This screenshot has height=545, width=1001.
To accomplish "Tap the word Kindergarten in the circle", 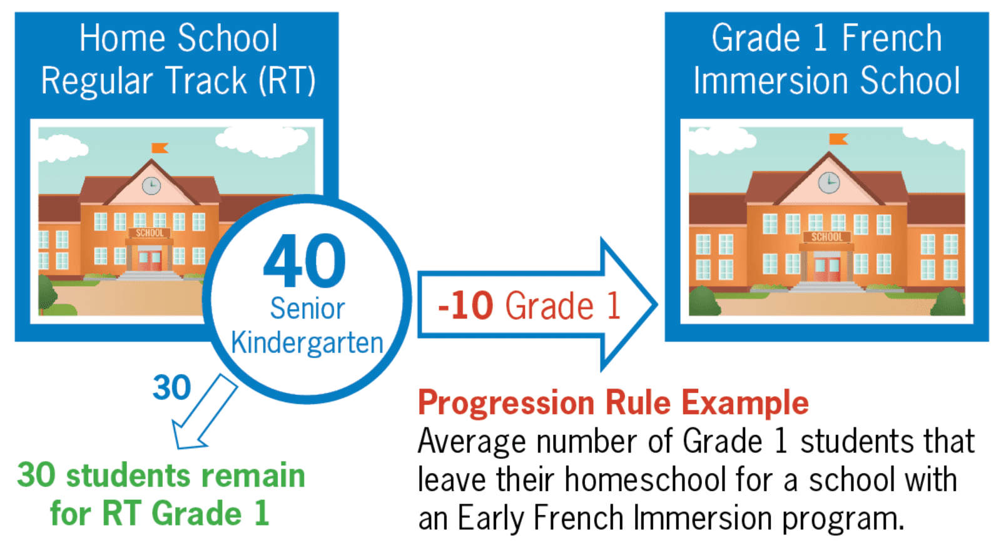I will (x=307, y=343).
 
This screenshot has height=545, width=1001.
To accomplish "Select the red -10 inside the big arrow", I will (x=465, y=306).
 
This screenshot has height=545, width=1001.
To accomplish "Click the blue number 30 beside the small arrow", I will (x=171, y=388).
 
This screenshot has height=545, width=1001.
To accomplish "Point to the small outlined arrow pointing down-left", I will (x=204, y=413).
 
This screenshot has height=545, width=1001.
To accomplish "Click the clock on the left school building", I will (x=151, y=185).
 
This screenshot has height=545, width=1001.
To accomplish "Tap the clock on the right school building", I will (x=829, y=183).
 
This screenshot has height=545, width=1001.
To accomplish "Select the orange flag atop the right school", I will (x=838, y=139).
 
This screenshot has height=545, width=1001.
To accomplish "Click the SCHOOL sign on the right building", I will (x=827, y=237).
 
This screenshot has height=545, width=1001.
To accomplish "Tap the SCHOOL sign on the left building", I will (x=150, y=233).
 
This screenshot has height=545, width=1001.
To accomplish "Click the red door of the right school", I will (x=827, y=268).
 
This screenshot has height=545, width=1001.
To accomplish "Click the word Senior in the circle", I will (x=307, y=308).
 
